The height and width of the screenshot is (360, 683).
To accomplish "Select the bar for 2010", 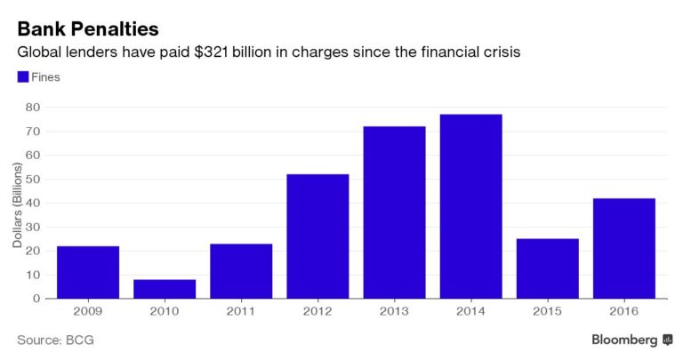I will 165,289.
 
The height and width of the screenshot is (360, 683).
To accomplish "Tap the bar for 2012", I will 317,236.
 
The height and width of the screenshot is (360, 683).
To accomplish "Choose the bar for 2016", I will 623,248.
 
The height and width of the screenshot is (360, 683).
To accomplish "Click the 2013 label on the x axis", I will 394,313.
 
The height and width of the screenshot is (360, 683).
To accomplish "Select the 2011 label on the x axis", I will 241,313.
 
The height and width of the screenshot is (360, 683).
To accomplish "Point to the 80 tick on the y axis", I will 35,108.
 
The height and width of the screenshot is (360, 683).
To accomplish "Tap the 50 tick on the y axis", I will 35,180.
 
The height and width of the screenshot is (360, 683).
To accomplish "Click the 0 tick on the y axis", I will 38,299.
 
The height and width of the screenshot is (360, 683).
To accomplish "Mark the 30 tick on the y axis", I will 35,228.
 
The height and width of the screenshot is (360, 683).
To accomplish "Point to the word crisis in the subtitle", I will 500,53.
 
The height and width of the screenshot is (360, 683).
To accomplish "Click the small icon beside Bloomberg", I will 666,340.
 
